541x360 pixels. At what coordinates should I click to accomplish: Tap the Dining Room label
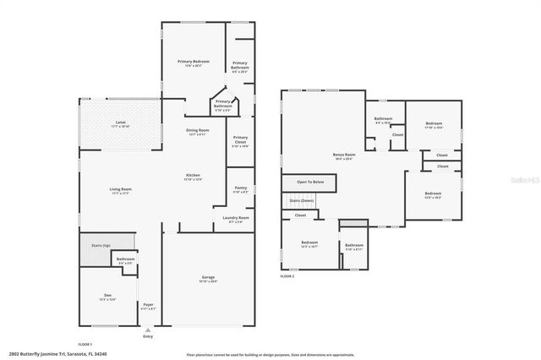[198, 131]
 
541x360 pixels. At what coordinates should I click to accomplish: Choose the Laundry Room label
[236, 219]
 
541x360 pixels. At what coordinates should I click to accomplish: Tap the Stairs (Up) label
[101, 244]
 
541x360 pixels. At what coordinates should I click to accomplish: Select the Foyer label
[148, 306]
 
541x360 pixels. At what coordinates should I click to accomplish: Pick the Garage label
[208, 278]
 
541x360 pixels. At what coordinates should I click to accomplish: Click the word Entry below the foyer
[148, 336]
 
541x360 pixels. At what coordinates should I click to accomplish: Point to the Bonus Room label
[344, 156]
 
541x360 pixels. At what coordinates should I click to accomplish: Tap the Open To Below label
[310, 182]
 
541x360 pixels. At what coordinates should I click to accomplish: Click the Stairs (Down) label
[302, 200]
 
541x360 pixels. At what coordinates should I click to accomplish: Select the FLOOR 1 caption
[85, 344]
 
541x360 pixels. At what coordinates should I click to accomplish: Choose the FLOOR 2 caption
[287, 276]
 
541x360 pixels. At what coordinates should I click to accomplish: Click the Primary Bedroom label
[194, 63]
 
